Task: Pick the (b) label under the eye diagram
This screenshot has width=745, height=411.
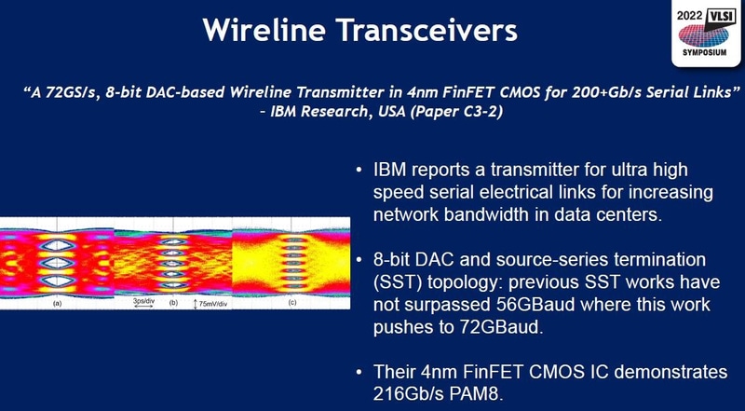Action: coord(172,303)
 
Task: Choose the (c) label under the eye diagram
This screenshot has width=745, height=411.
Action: coord(291,303)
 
